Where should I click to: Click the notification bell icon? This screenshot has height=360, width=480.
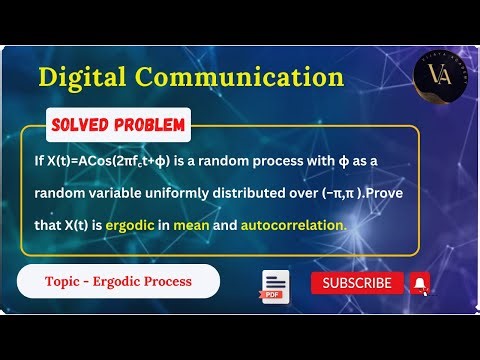pos(420,283)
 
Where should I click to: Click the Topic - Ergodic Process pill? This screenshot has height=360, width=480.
pos(118,282)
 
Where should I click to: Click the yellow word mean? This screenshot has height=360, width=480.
pos(190,225)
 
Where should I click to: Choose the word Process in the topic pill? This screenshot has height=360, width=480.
pos(171,282)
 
